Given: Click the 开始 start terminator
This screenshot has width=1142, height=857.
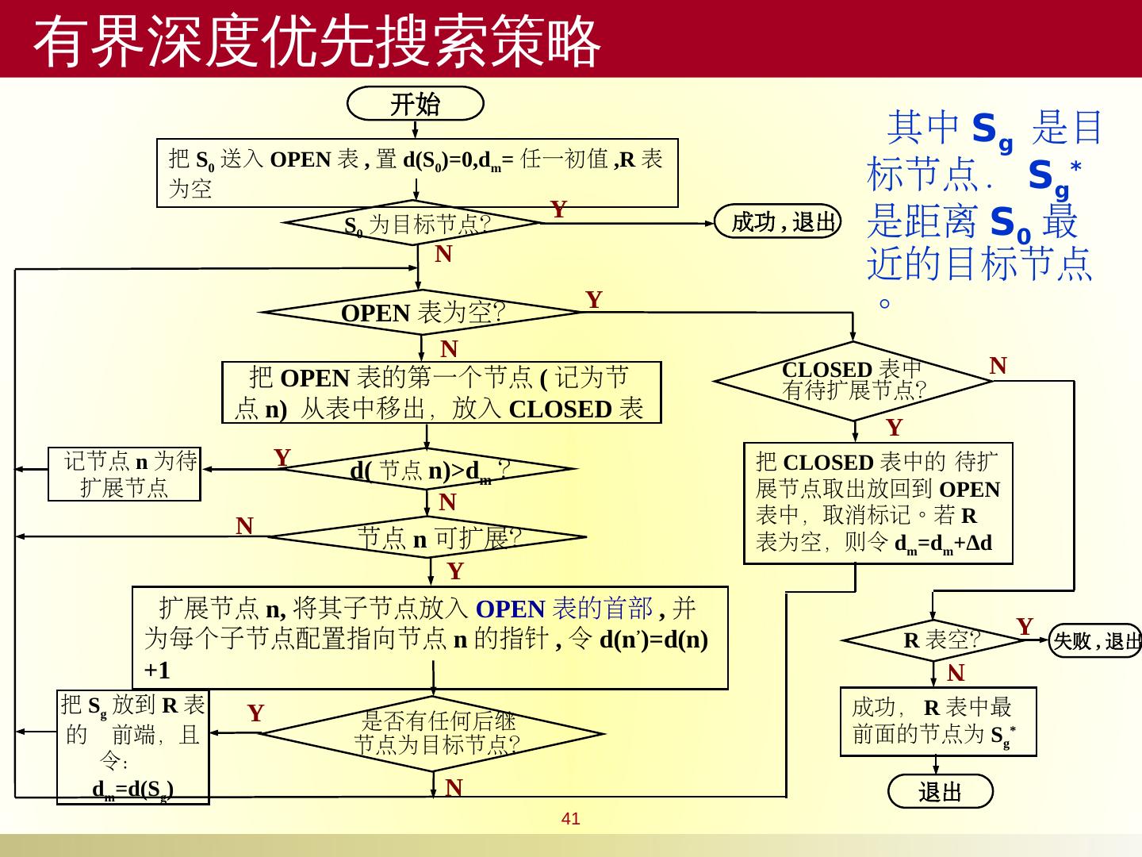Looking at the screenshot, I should pyautogui.click(x=416, y=104).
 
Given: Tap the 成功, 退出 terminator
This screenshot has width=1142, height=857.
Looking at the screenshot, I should pyautogui.click(x=779, y=221).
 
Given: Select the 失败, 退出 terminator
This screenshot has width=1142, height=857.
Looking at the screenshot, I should pyautogui.click(x=1096, y=640).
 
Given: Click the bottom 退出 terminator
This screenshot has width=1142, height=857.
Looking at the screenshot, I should pyautogui.click(x=940, y=791).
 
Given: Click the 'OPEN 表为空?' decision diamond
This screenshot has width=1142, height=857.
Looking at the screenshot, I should pyautogui.click(x=423, y=313).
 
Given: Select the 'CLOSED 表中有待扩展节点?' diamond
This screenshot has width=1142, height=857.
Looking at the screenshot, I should pyautogui.click(x=853, y=380).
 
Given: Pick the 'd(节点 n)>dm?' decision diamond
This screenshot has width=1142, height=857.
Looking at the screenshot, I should pyautogui.click(x=429, y=470).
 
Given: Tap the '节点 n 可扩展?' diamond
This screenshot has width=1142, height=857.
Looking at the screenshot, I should pyautogui.click(x=429, y=538).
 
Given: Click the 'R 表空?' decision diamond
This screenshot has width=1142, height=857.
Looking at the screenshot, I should pyautogui.click(x=936, y=640).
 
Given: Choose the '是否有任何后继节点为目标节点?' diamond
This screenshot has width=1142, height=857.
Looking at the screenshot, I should pyautogui.click(x=434, y=733).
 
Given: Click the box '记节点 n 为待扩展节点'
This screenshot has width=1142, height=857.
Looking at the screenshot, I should pyautogui.click(x=125, y=474).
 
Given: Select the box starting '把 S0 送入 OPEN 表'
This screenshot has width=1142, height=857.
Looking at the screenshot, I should pyautogui.click(x=417, y=173).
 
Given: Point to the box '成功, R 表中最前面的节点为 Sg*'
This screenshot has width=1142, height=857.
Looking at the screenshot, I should pyautogui.click(x=938, y=721).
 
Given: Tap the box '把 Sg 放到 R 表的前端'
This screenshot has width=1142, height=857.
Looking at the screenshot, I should pyautogui.click(x=133, y=747).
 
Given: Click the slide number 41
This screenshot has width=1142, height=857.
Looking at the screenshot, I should pyautogui.click(x=570, y=819).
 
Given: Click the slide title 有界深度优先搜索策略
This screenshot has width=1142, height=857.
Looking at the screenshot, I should pyautogui.click(x=317, y=41).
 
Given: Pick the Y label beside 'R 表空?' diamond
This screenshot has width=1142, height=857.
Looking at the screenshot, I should pyautogui.click(x=1025, y=627).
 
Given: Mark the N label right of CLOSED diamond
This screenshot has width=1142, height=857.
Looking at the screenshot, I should pyautogui.click(x=998, y=366).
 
